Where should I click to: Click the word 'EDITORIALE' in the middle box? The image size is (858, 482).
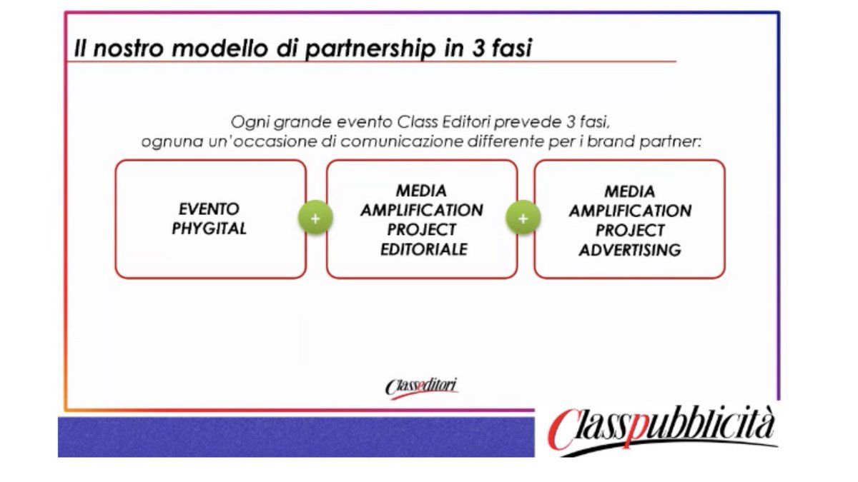(422, 249)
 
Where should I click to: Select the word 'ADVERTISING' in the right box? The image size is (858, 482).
(630, 250)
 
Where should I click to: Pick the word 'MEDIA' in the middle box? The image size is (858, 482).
(422, 191)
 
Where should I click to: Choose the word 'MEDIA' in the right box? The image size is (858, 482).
(630, 192)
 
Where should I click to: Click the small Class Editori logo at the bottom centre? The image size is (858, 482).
(422, 386)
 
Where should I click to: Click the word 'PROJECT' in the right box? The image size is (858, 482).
(630, 231)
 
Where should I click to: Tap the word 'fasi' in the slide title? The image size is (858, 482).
(508, 49)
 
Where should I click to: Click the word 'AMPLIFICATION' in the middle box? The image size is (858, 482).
(422, 211)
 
